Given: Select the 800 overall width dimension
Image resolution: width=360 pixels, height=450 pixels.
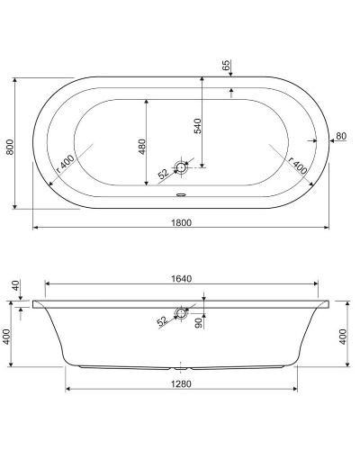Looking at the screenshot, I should click(x=9, y=143).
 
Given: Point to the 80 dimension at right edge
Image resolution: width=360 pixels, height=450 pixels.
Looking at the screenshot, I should click(x=339, y=137).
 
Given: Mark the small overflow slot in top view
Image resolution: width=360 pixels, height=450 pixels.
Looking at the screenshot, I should click(x=181, y=191).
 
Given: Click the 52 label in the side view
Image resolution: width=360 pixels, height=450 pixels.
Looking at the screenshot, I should click(x=163, y=320).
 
